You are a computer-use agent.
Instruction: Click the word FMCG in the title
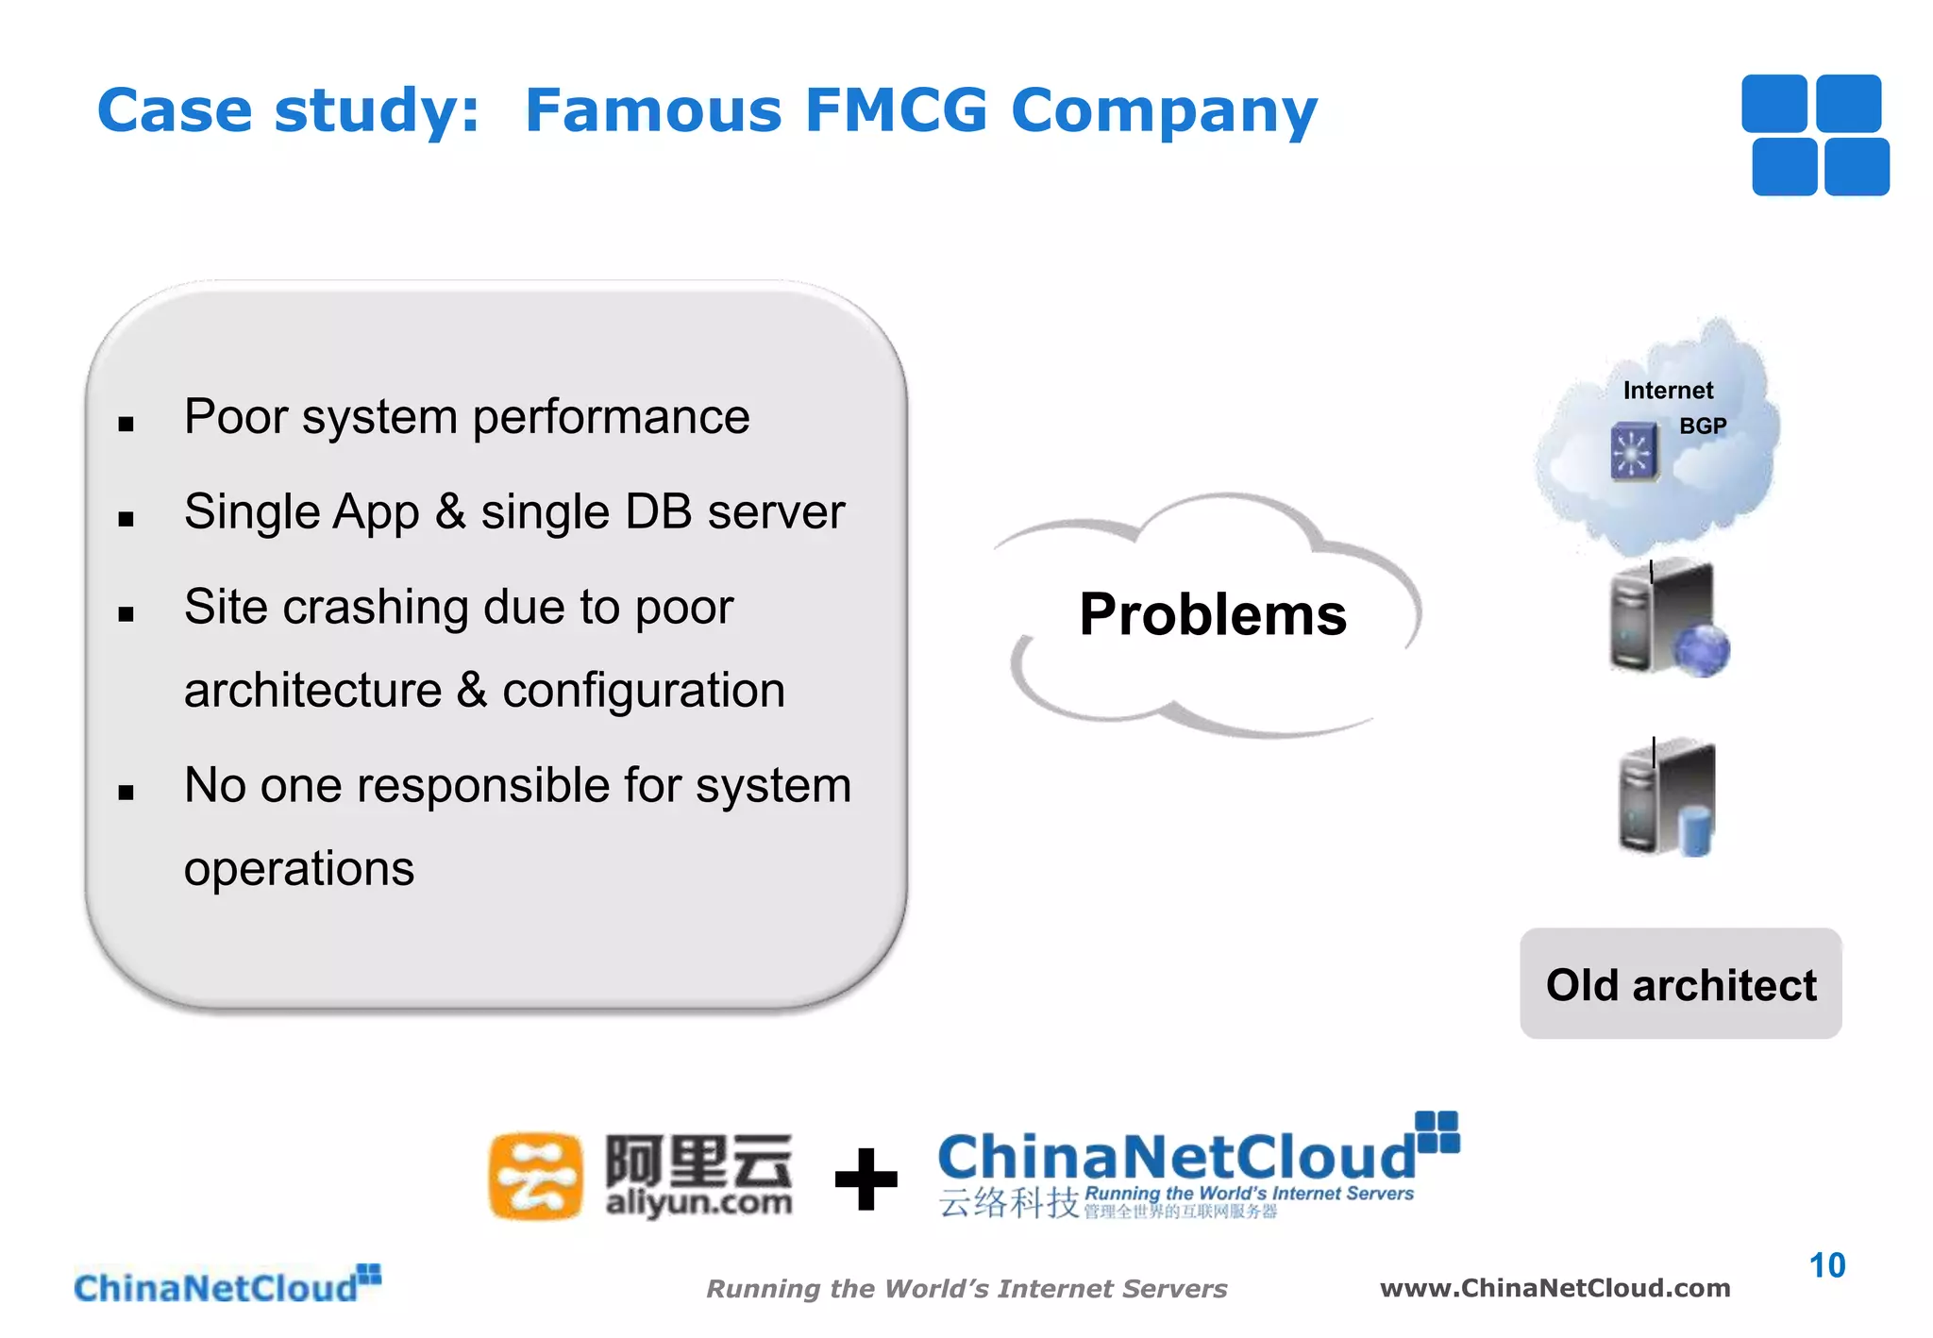pyautogui.click(x=896, y=110)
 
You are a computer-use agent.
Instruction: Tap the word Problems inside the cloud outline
pyautogui.click(x=1212, y=614)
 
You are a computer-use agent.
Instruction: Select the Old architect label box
pyautogui.click(x=1680, y=984)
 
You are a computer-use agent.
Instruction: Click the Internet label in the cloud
pyautogui.click(x=1668, y=391)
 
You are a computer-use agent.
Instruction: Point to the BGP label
pyautogui.click(x=1703, y=426)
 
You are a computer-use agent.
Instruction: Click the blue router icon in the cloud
pyautogui.click(x=1634, y=452)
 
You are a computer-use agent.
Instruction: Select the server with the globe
pyautogui.click(x=1667, y=618)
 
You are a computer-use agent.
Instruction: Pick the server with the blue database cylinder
pyautogui.click(x=1667, y=798)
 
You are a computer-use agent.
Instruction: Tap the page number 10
pyautogui.click(x=1826, y=1265)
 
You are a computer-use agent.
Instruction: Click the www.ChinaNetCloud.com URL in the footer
pyautogui.click(x=1555, y=1288)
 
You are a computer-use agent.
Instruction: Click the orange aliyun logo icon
pyautogui.click(x=534, y=1176)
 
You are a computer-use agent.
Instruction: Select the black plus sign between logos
pyautogui.click(x=866, y=1179)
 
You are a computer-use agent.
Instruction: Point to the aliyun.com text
pyautogui.click(x=698, y=1203)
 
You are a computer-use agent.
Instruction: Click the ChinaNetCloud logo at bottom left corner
pyautogui.click(x=227, y=1285)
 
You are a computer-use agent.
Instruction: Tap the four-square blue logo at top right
pyautogui.click(x=1815, y=135)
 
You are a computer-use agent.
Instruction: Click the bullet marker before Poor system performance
pyautogui.click(x=126, y=425)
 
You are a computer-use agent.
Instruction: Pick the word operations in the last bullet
pyautogui.click(x=299, y=869)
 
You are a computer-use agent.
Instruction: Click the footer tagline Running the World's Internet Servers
pyautogui.click(x=966, y=1289)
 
